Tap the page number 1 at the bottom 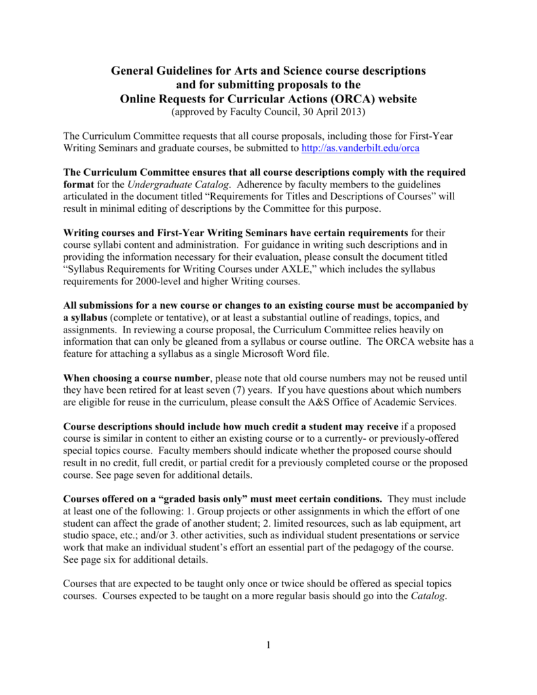269,645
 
